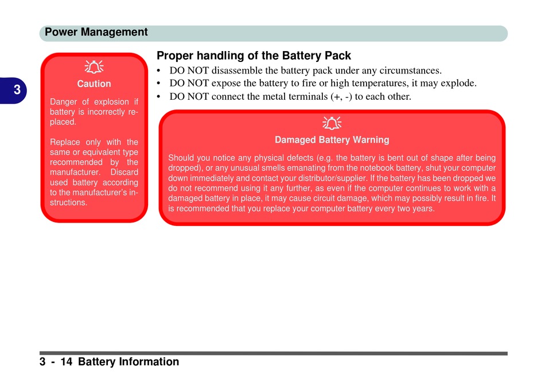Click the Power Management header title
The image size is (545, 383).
pos(96,32)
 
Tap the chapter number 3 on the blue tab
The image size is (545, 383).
pos(17,90)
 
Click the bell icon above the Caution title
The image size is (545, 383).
pos(94,67)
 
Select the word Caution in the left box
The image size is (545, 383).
pos(94,84)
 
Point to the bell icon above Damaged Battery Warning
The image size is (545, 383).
pos(332,123)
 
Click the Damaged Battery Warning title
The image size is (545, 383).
pos(332,139)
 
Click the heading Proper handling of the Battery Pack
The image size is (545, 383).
pos(254,56)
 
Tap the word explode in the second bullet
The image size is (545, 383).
pos(458,83)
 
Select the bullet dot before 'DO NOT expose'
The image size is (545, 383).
pos(158,84)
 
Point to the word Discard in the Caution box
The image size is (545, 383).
pos(124,172)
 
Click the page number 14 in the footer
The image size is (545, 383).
pos(67,362)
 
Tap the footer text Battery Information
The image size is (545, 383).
pos(129,362)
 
